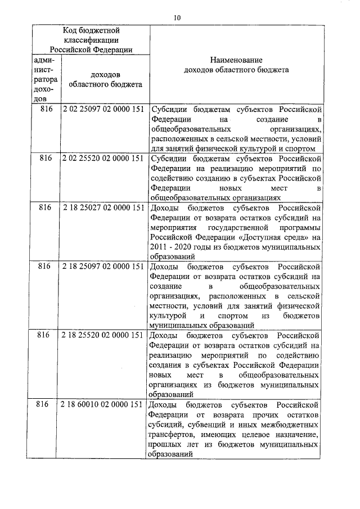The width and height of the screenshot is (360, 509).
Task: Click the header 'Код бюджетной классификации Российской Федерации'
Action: click(x=91, y=40)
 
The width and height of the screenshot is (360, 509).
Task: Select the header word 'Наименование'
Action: click(x=236, y=60)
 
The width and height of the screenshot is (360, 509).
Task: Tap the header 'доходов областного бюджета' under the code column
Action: click(x=105, y=79)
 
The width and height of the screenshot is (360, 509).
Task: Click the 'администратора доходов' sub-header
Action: click(x=44, y=79)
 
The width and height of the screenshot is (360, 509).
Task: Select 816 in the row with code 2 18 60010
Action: click(x=44, y=404)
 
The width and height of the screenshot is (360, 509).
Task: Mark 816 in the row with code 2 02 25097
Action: click(x=44, y=109)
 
